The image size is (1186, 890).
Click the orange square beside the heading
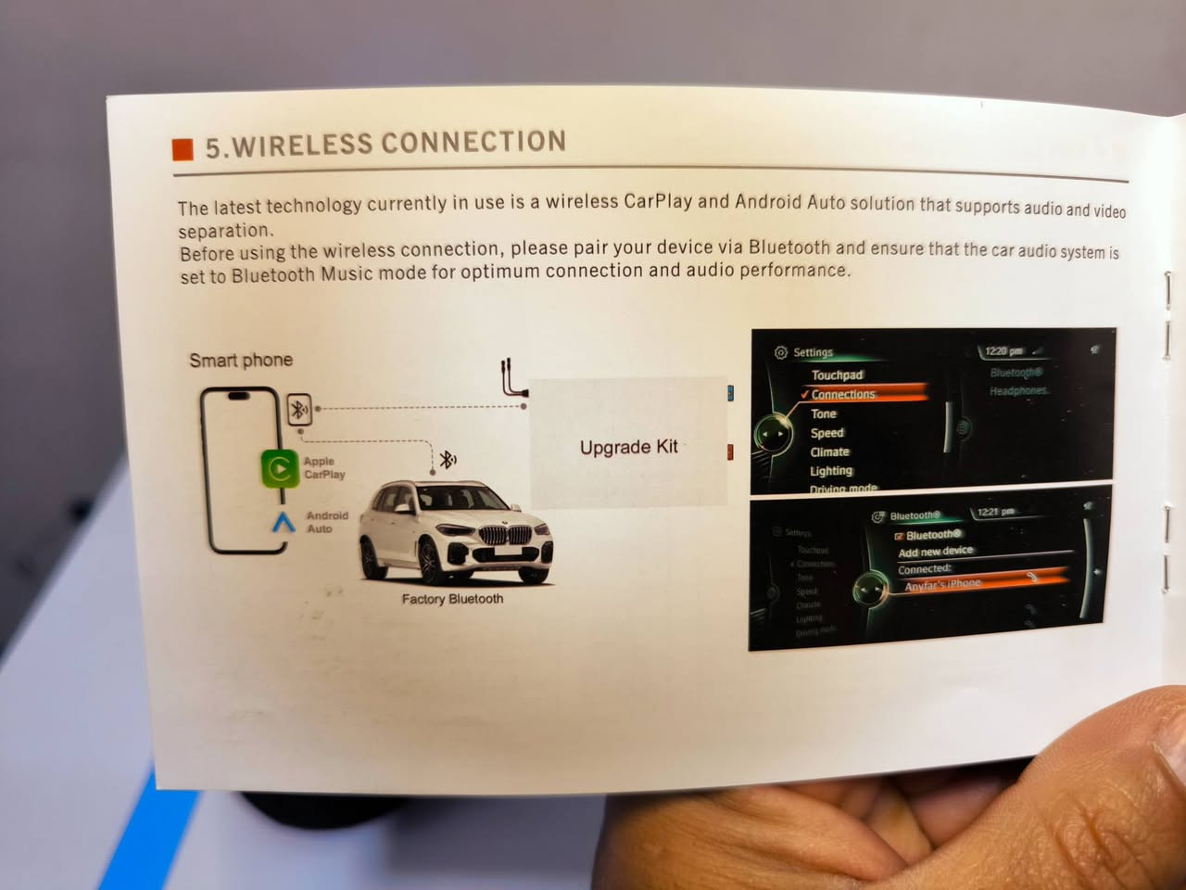click(x=183, y=149)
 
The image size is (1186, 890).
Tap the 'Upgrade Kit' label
click(x=628, y=447)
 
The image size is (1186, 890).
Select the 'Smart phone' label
click(x=241, y=360)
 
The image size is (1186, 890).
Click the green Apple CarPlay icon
click(x=279, y=468)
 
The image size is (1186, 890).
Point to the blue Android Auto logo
click(x=284, y=522)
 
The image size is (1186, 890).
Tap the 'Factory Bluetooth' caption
click(x=452, y=599)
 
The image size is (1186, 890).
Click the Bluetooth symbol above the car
click(x=448, y=459)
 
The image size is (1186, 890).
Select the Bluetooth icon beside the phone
click(x=299, y=409)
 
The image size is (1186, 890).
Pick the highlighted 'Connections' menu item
click(x=842, y=394)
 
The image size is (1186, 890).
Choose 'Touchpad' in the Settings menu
click(x=837, y=375)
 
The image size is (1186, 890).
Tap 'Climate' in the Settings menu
click(x=829, y=451)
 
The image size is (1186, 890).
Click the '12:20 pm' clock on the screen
click(x=1003, y=351)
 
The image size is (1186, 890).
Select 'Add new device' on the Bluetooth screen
click(x=935, y=552)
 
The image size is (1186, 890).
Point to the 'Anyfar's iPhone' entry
click(x=942, y=584)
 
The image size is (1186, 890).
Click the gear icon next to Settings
click(x=780, y=352)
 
